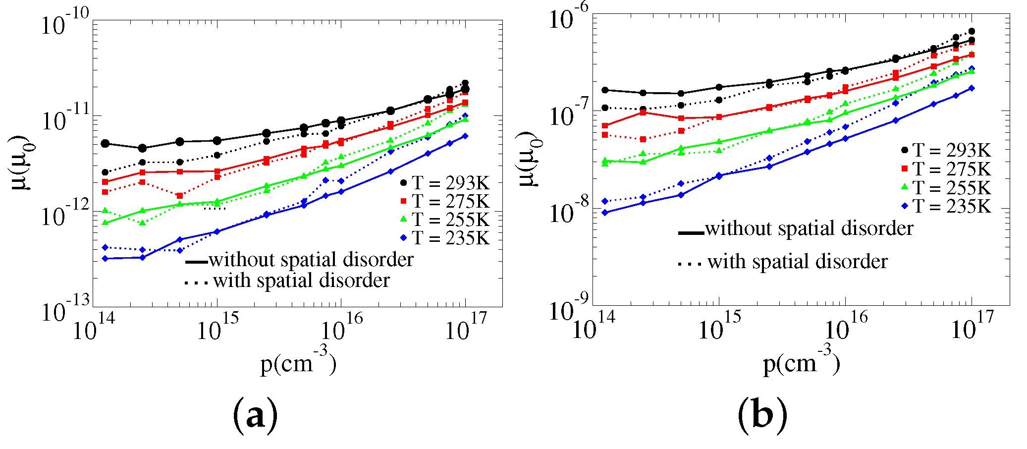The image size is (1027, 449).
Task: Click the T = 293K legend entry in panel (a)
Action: point(445,183)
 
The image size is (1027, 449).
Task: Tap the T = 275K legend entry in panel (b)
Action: point(945,169)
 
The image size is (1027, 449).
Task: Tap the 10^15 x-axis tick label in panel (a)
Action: point(217,329)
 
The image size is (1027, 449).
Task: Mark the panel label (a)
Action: point(255,415)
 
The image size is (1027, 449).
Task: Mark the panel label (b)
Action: point(762,415)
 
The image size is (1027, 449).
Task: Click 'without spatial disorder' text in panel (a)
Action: point(311,260)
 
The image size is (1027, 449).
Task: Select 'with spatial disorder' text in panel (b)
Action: point(797,262)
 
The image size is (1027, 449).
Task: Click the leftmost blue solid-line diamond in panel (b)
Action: point(605,213)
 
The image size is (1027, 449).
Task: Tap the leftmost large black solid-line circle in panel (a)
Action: point(105,144)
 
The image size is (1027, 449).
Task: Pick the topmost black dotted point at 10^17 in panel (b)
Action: point(972,31)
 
